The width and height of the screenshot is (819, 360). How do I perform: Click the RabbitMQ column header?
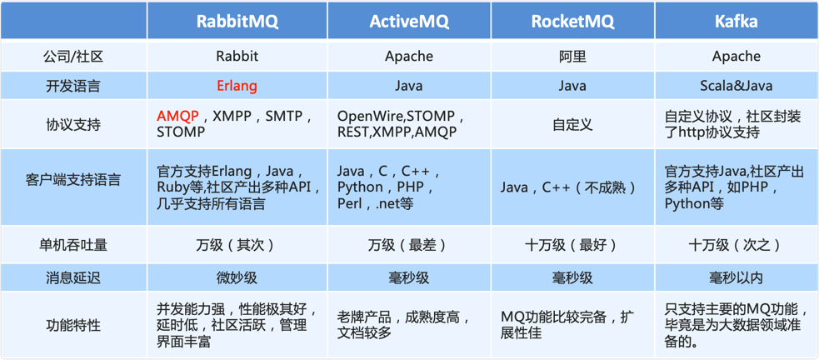coord(237,22)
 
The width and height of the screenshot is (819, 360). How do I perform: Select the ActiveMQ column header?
coord(409,22)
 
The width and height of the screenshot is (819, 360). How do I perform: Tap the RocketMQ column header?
coord(572,22)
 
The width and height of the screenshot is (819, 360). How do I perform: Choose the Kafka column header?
coord(737,22)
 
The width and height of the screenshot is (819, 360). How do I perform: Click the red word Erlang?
coord(237,86)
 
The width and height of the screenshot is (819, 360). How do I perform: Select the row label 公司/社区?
coord(73,57)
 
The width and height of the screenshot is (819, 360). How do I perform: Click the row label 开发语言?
coord(73,86)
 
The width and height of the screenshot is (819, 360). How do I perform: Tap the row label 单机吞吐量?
coord(73,245)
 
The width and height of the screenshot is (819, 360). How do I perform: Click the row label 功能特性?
coord(73,326)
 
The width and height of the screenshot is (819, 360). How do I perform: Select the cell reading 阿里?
coord(572,57)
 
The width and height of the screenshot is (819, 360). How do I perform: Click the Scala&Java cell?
coord(737,86)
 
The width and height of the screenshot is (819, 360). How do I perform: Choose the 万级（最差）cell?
coord(409,245)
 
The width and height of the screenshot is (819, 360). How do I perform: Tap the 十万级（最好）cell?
coord(572,245)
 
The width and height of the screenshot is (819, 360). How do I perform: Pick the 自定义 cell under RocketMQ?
coord(572,124)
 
